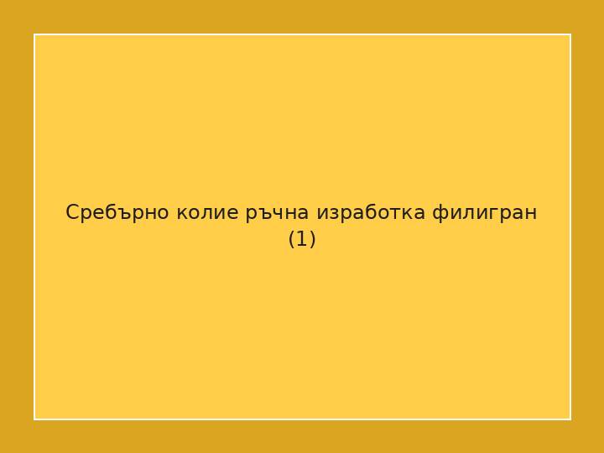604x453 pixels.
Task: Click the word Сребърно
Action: (117, 213)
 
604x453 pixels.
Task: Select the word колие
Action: (207, 213)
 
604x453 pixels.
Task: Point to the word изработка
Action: (370, 213)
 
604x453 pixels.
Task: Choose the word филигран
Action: (484, 213)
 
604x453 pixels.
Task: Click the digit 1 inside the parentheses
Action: (302, 240)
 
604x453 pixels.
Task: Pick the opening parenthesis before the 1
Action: (292, 240)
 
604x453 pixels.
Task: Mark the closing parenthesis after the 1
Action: (312, 240)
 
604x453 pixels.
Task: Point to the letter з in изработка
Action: (332, 214)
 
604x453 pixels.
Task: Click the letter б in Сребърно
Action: (107, 212)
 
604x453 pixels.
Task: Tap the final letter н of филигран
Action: (531, 214)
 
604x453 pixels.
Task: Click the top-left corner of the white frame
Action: (34, 34)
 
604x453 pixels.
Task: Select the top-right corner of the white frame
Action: (570, 34)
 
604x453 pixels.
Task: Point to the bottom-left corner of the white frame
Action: (34, 419)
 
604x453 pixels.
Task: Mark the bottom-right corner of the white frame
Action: (570, 419)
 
